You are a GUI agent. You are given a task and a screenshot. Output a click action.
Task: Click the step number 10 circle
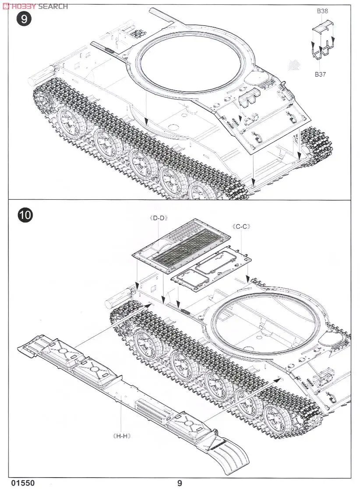(25, 216)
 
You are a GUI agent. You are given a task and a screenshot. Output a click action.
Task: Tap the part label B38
(322, 11)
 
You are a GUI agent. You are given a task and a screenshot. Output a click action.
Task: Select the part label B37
(320, 74)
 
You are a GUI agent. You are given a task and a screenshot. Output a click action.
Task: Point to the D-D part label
(159, 217)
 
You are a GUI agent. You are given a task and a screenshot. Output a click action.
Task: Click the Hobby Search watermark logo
(35, 6)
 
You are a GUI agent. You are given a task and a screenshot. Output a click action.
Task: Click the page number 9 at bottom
(180, 483)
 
